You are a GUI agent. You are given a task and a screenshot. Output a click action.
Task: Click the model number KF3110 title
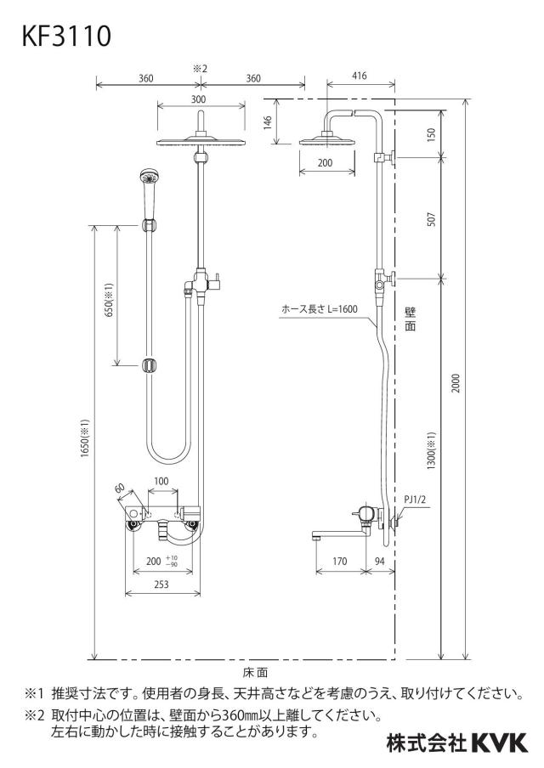coord(66,37)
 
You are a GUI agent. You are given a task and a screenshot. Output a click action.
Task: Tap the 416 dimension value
coord(360,76)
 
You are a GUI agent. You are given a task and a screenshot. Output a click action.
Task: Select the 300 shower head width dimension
coord(199,99)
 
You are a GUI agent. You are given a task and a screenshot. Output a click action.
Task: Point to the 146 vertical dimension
coord(268,122)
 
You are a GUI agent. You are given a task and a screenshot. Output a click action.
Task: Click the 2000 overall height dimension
coord(456,383)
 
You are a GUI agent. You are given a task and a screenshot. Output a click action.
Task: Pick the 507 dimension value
coord(431,219)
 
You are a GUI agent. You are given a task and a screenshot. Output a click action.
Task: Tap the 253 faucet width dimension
coord(161,584)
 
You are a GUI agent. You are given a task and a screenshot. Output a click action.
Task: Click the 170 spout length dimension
coord(340,562)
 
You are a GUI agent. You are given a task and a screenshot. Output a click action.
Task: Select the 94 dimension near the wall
coord(380,562)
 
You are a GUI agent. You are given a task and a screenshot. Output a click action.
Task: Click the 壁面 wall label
coord(411,319)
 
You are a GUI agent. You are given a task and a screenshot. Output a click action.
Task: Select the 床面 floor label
coord(255,673)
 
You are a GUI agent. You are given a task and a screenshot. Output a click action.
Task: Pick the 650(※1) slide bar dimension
coord(109,299)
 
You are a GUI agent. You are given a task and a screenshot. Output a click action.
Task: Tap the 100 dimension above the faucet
coord(161,482)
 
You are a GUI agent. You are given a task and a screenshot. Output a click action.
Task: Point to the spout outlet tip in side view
coord(314,537)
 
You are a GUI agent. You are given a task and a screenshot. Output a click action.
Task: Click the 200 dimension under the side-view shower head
coord(325,163)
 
